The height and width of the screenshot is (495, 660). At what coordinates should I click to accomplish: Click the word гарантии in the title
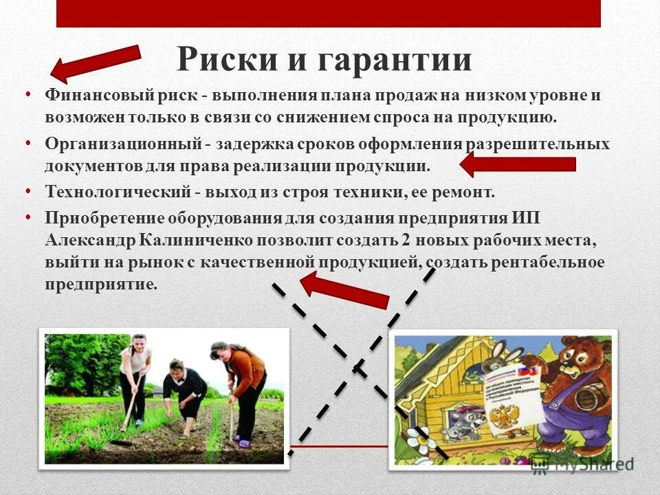click(395, 60)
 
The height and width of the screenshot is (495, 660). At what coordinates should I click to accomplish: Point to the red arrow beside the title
click(96, 63)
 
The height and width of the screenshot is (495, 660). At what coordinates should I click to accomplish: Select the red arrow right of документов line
click(517, 164)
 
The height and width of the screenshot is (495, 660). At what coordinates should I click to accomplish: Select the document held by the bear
click(509, 402)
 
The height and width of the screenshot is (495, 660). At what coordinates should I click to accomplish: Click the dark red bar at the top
click(329, 13)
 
